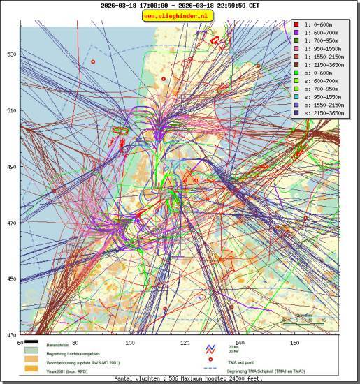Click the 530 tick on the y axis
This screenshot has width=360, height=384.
pyautogui.click(x=11, y=54)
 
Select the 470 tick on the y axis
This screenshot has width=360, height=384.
pyautogui.click(x=11, y=223)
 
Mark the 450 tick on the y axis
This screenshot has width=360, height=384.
pyautogui.click(x=11, y=279)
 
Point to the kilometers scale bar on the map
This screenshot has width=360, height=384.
pyautogui.click(x=304, y=320)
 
